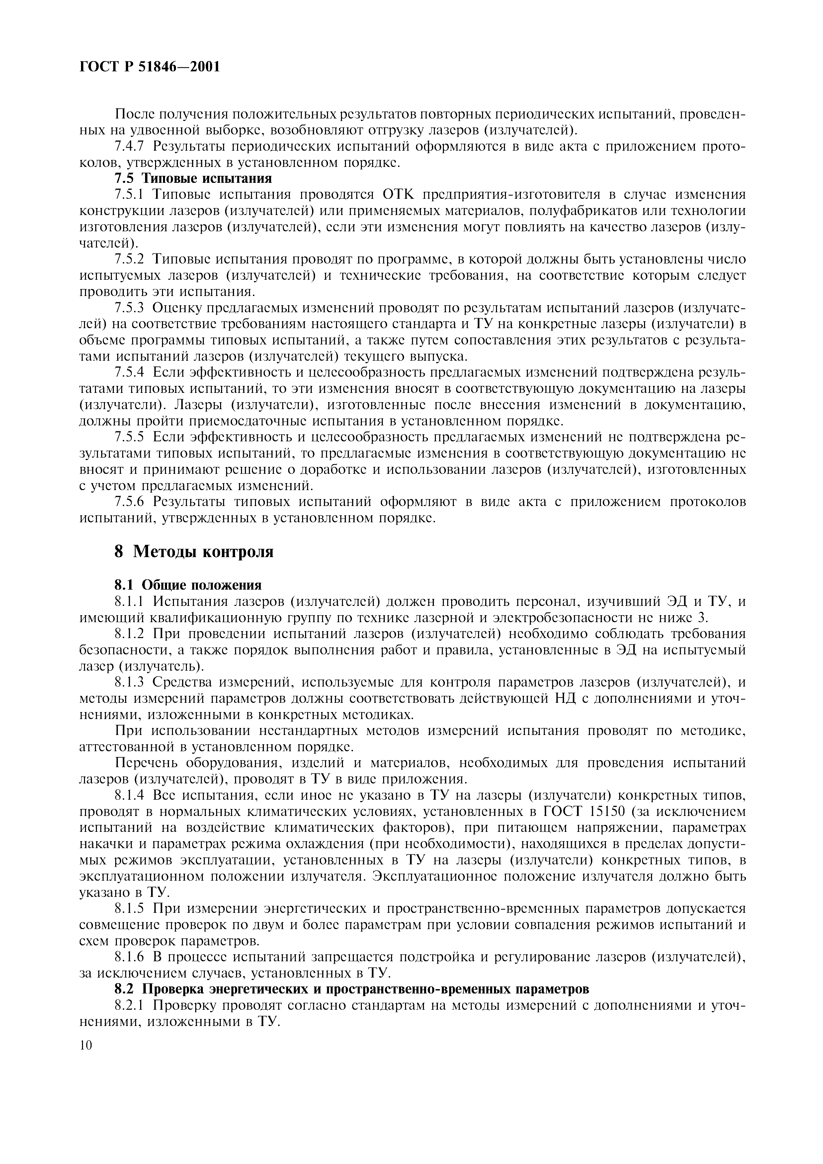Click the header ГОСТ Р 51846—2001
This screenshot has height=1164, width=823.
tap(150, 66)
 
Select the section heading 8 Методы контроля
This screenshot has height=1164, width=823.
tap(194, 551)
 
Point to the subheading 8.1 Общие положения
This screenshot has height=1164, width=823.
tap(188, 585)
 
